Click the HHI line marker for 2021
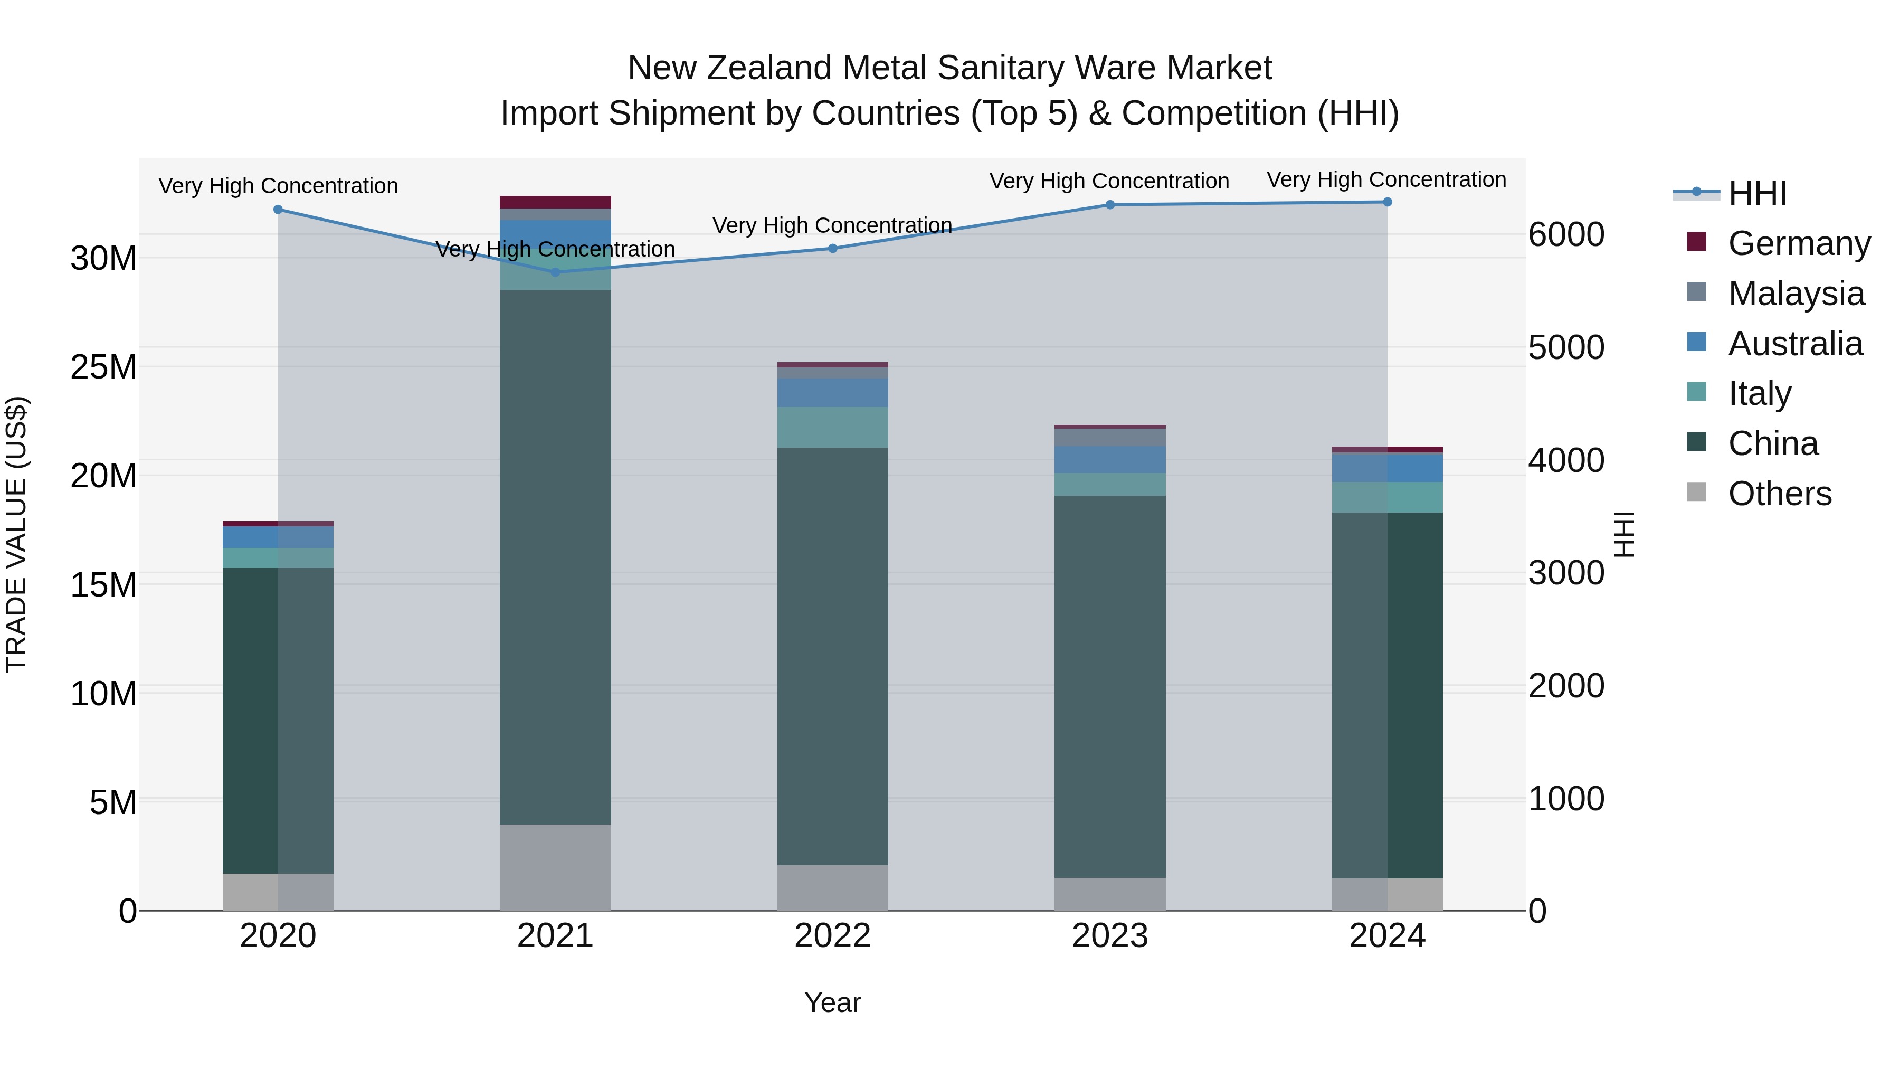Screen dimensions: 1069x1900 coord(555,272)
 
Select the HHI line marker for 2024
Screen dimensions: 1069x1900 coord(1386,202)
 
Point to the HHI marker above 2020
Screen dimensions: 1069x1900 coord(278,210)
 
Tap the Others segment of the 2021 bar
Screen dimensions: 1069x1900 coord(555,867)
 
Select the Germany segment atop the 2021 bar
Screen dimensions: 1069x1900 coord(555,202)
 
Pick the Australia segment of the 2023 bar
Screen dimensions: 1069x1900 coord(1109,459)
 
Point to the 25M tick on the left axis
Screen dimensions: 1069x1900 coord(103,367)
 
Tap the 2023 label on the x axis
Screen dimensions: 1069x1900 coord(1109,936)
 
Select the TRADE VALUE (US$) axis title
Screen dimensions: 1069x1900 coord(16,534)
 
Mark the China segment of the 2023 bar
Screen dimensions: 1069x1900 coord(1109,686)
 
